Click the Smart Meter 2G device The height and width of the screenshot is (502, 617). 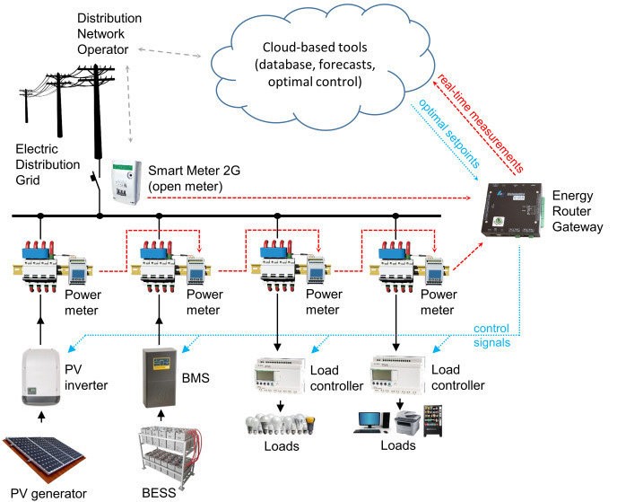tap(126, 181)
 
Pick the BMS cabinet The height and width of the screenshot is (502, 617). tap(160, 371)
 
